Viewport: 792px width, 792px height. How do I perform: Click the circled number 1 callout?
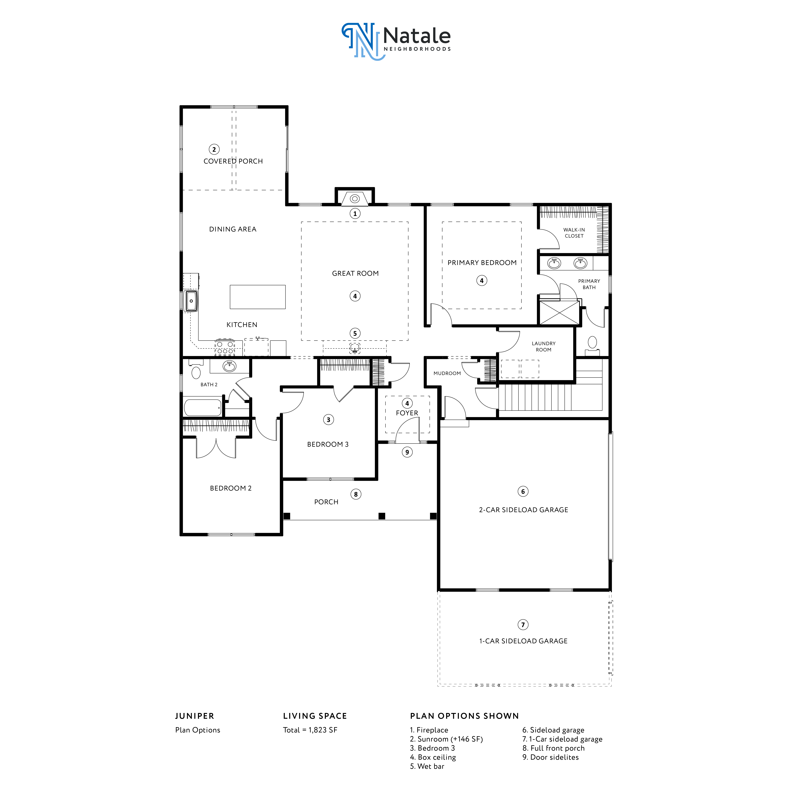point(355,214)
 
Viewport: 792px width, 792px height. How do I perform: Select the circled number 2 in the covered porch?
point(214,149)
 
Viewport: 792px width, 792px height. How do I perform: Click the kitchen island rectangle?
point(257,297)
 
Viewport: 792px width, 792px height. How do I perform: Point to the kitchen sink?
point(191,301)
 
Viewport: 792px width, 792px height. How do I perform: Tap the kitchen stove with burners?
point(225,348)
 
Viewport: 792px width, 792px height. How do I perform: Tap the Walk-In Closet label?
point(574,233)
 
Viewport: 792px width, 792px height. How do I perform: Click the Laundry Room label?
point(544,346)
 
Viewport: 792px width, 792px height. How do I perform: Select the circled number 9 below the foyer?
point(407,452)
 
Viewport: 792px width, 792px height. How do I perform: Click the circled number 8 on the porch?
point(356,494)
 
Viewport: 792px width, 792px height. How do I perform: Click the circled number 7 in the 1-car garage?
point(523,625)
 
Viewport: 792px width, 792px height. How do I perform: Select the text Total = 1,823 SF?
point(310,730)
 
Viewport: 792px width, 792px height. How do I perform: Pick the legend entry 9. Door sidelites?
point(550,757)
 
